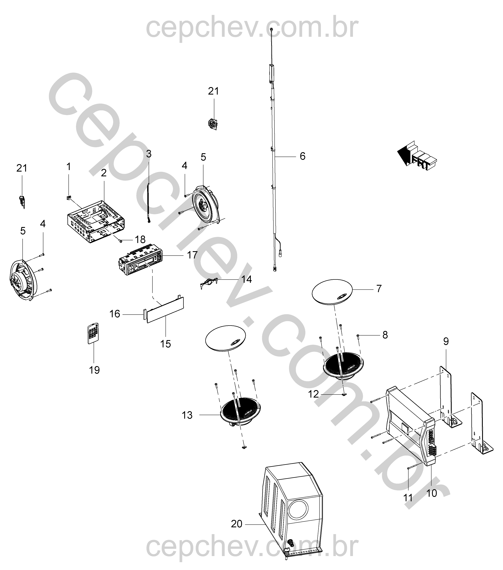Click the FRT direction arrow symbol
pos(417,156)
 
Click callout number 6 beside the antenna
pos(302,156)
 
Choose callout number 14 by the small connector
pos(247,279)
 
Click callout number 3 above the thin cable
pos(149,154)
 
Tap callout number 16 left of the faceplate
pos(115,314)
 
